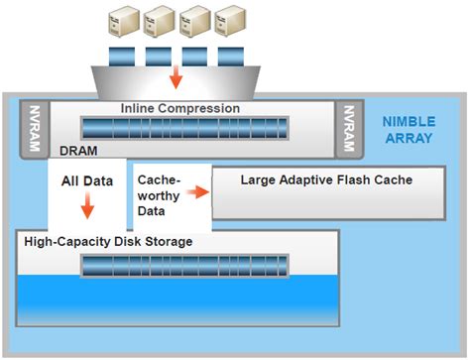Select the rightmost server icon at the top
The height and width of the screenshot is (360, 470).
(232, 21)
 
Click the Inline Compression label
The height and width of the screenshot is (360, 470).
(179, 107)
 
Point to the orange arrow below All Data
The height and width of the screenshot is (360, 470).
(87, 206)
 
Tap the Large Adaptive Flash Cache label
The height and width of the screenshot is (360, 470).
(312, 180)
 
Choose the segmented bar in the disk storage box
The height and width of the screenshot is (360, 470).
(183, 264)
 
